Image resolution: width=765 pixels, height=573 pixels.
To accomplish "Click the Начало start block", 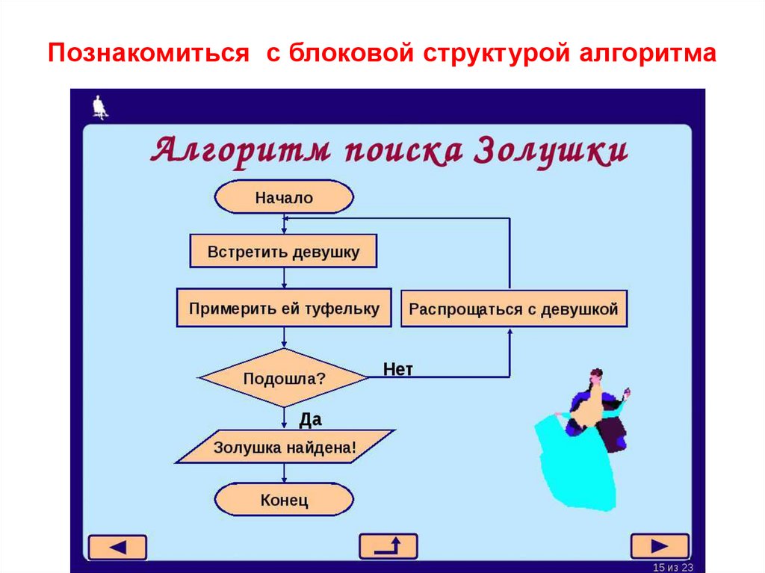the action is pos(284,197).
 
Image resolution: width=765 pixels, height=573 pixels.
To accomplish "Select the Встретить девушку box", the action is pos(283,251).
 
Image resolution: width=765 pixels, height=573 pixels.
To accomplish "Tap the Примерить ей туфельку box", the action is pos(284,308).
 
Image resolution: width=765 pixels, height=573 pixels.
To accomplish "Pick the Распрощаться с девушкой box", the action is pos(514,309).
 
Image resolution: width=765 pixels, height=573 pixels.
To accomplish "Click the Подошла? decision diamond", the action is pos(284,378).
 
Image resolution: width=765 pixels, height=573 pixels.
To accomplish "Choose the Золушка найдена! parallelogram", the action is pos(285,447).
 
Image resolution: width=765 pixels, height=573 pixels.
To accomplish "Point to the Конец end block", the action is pos(284,500).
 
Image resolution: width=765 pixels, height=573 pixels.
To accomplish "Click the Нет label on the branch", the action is pos(397,370).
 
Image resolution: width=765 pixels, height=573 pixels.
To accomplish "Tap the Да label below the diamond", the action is pos(310,419).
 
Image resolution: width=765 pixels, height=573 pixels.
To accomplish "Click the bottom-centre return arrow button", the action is pos(388,546).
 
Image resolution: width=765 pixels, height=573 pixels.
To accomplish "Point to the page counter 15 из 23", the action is pos(673,567).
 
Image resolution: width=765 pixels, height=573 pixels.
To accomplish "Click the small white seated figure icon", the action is pos(100,107).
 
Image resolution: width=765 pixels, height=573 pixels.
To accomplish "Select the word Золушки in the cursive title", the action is pos(551,151).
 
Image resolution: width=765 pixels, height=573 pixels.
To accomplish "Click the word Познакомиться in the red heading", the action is pos(149,53).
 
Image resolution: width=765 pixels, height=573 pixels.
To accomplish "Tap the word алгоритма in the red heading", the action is pos(648,53).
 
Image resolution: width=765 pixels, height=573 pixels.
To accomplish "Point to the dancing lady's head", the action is pos(595,377).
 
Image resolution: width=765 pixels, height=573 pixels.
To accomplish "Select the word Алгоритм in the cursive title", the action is pos(241,151).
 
